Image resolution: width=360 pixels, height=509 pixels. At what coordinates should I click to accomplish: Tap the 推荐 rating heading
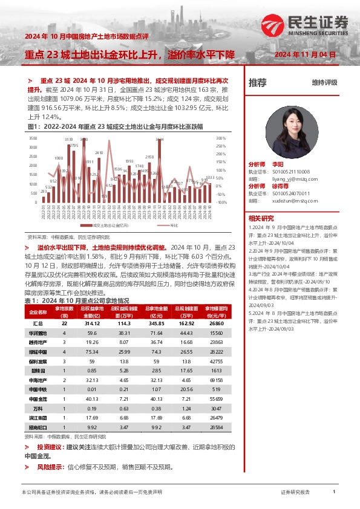point(257,83)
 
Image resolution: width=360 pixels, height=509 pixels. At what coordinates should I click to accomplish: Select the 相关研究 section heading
point(261,218)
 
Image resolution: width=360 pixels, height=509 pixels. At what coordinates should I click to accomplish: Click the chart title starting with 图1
point(116,126)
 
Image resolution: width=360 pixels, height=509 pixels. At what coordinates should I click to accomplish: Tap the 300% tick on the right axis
point(221,138)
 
